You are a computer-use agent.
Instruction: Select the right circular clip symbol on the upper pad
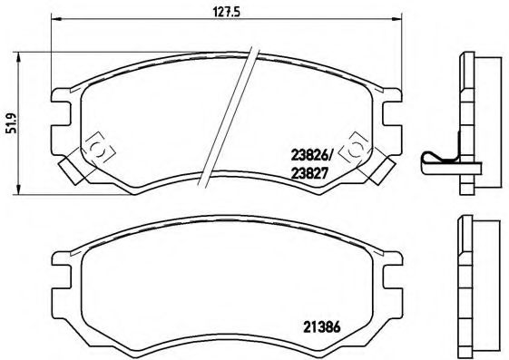(x=357, y=146)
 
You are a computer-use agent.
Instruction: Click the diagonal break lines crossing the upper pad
(x=227, y=118)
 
